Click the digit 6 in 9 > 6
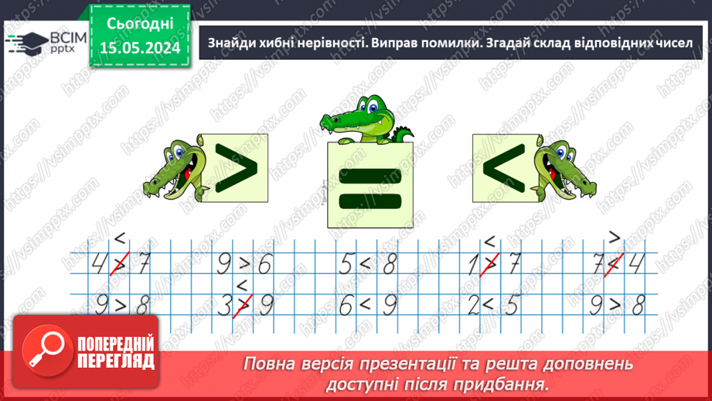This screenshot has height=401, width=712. [264, 266]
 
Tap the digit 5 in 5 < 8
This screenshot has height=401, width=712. [346, 266]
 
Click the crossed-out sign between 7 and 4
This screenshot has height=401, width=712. [615, 266]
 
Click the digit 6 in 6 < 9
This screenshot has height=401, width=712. [346, 307]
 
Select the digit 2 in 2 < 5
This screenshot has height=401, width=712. [472, 307]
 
